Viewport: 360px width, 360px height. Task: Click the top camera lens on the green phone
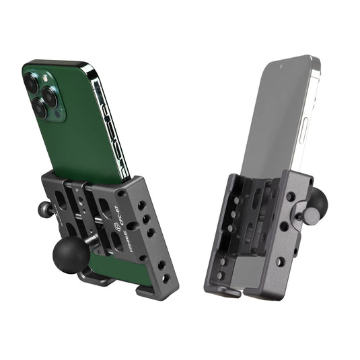[32, 83]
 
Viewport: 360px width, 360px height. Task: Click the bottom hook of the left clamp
[147, 290]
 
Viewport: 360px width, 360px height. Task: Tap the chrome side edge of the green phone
[111, 121]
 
